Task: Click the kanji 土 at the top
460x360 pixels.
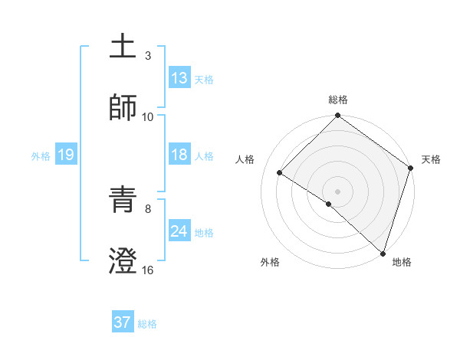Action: pyautogui.click(x=123, y=47)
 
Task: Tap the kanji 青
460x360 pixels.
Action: pyautogui.click(x=123, y=199)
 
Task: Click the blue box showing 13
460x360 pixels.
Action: pyautogui.click(x=179, y=78)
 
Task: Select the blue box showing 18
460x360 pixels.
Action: pyautogui.click(x=179, y=155)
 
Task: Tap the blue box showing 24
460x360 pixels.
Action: pyautogui.click(x=179, y=231)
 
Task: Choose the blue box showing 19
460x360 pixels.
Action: pyautogui.click(x=65, y=155)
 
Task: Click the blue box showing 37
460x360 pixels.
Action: pyautogui.click(x=123, y=322)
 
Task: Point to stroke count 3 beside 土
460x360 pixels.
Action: pyautogui.click(x=148, y=55)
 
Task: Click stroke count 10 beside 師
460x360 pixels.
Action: pyautogui.click(x=148, y=116)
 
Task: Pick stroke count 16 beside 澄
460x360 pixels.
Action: pyautogui.click(x=148, y=270)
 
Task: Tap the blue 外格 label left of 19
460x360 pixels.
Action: pyautogui.click(x=41, y=156)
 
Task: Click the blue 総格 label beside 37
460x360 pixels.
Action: pyautogui.click(x=147, y=324)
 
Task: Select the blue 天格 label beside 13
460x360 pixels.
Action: pyautogui.click(x=203, y=80)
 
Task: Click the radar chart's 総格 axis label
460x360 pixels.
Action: pyautogui.click(x=338, y=100)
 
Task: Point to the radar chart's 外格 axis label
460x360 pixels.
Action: pyautogui.click(x=270, y=262)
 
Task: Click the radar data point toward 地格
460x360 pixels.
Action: pyautogui.click(x=383, y=253)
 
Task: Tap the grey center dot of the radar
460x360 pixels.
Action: pyautogui.click(x=337, y=191)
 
